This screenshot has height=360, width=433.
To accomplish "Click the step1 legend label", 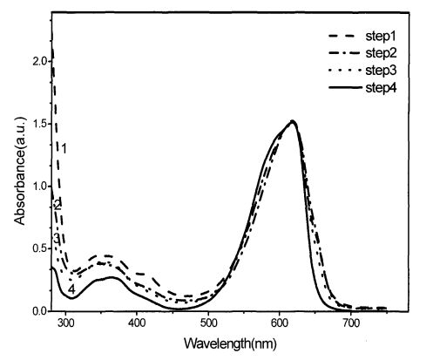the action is coord(381,36).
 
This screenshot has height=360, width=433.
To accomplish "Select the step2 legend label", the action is coord(381,53).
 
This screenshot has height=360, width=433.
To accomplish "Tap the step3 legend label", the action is coord(381,71).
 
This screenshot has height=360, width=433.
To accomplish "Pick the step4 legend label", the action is coord(381,87).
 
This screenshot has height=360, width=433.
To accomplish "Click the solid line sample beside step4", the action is coord(345,87).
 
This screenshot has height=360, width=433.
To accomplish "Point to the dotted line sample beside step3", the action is coord(345,70).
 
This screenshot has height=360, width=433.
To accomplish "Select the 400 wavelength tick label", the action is coord(137,323).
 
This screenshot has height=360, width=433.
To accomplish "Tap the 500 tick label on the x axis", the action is coord(208,323).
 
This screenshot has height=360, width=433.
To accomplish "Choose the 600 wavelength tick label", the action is coord(280,323).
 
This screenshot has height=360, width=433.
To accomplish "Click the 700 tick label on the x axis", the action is coord(350,323).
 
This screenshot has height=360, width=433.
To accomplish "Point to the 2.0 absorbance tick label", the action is coord(40,62).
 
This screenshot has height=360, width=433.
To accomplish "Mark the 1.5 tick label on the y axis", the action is coord(40,124).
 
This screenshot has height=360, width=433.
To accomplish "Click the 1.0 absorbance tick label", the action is coord(40,187).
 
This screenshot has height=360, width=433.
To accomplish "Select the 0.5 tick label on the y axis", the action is coord(40,248).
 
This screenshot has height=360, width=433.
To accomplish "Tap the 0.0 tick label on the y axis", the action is coord(40,311).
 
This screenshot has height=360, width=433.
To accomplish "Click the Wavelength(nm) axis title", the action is coord(230,344).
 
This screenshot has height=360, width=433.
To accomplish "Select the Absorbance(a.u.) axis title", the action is coord(20,171).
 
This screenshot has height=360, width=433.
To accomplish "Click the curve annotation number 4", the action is coord(71,289).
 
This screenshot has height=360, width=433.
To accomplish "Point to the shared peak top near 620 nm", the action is coord(293,121).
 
